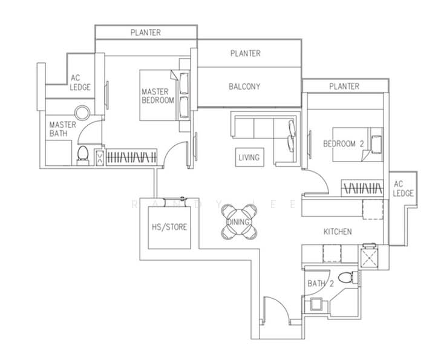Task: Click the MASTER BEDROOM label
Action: (x=158, y=96)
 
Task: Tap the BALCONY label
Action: (x=244, y=87)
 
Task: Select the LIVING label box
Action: (x=249, y=157)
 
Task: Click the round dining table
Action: (x=239, y=222)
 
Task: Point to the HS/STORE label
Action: (x=169, y=227)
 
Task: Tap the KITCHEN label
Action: (x=338, y=231)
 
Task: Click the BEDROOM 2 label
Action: (x=344, y=144)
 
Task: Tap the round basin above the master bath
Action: (x=82, y=113)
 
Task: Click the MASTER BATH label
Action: (x=62, y=129)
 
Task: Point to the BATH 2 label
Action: (x=321, y=283)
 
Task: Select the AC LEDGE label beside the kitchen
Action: (x=403, y=189)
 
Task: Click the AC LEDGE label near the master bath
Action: (x=80, y=82)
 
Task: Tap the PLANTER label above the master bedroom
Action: (x=146, y=32)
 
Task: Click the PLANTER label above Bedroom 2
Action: (x=344, y=86)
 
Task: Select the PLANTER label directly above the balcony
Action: (x=245, y=53)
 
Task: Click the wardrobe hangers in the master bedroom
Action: (x=131, y=157)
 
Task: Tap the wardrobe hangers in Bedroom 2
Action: (x=362, y=188)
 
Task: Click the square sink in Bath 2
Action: (x=316, y=304)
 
